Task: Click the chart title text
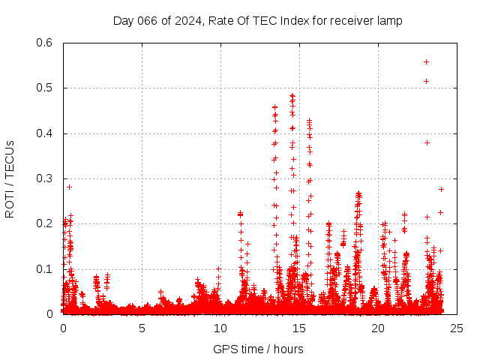coord(257,21)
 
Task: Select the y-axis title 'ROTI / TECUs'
coord(10,179)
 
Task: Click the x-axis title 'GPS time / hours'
coord(258,349)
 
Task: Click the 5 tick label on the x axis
coord(142,328)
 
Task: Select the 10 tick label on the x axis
coord(220,328)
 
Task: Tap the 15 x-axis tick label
coord(299,328)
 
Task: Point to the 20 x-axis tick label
coord(378,328)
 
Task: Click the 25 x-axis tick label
coord(457,328)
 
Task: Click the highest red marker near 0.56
coord(427,61)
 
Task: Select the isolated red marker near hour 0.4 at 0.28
coord(70,187)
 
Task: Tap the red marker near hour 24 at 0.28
coord(441,189)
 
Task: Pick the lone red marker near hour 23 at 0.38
coord(427,142)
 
